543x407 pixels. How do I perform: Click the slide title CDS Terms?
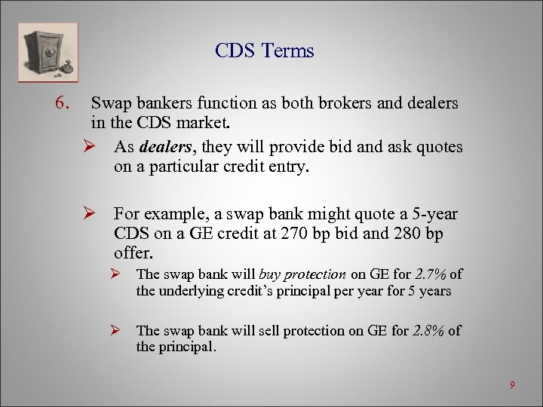(264, 50)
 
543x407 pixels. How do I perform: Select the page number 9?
(512, 385)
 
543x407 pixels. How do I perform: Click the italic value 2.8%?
(430, 330)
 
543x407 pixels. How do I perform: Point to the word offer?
(132, 253)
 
